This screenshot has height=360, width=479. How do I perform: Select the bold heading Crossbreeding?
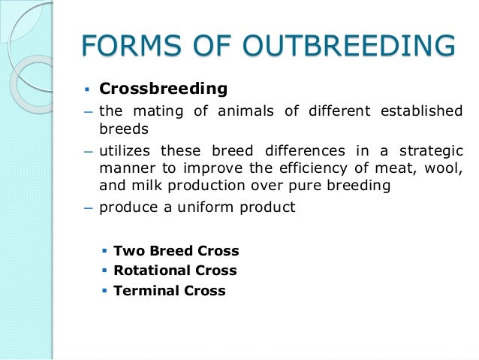pyautogui.click(x=163, y=89)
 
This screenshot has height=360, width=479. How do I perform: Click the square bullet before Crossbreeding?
pyautogui.click(x=86, y=89)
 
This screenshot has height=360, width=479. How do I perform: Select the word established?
pyautogui.click(x=423, y=111)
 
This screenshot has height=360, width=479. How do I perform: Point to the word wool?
pyautogui.click(x=445, y=168)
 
